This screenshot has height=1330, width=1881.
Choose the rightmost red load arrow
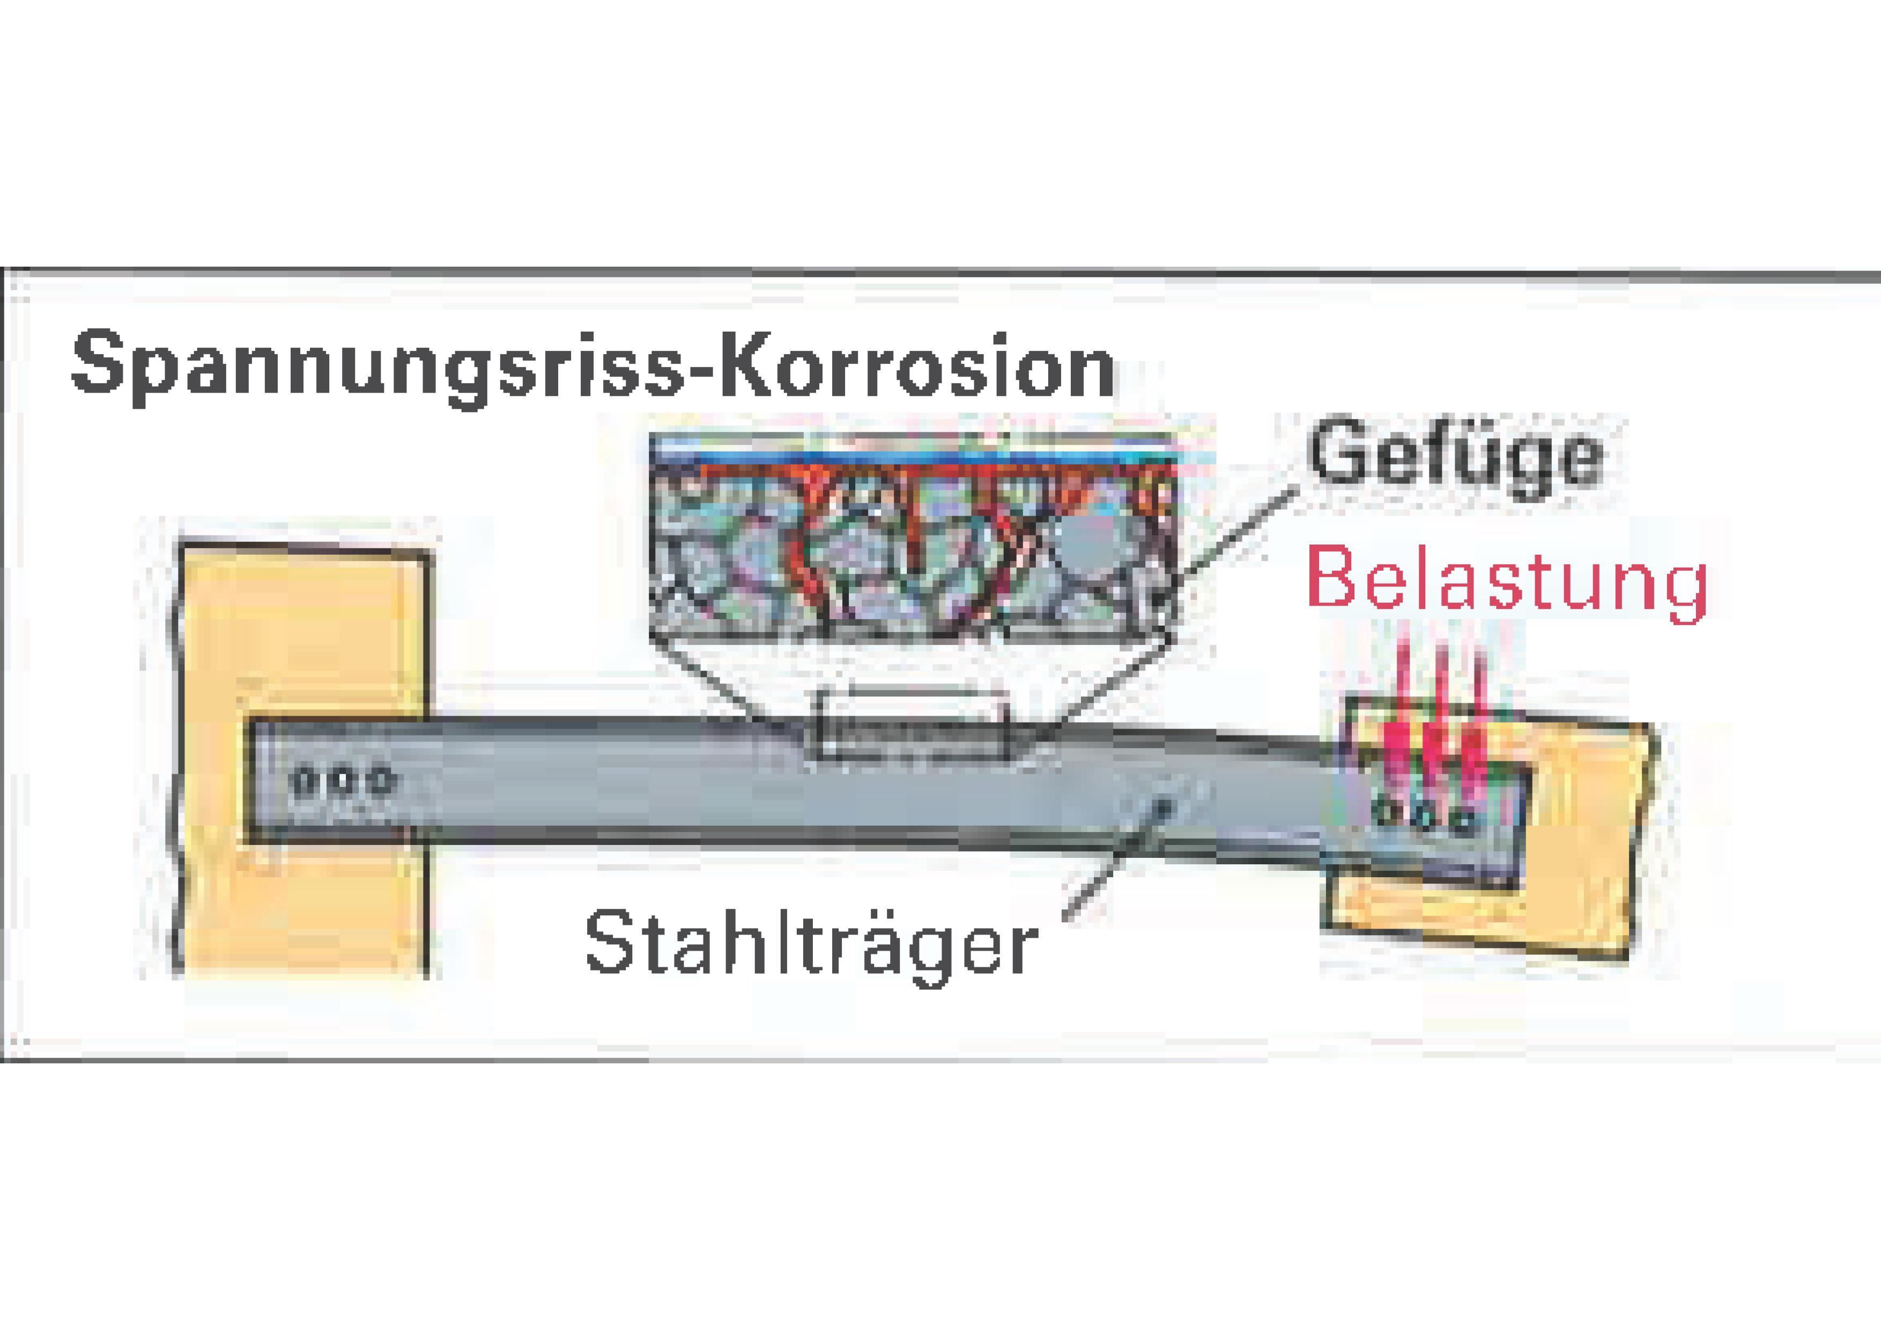(x=1475, y=721)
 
